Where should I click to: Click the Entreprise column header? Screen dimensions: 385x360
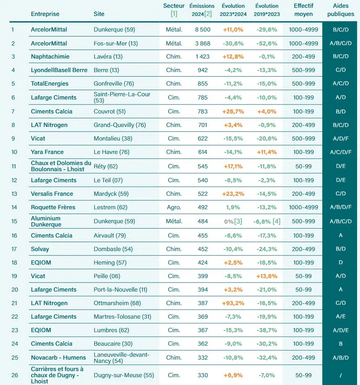coord(45,14)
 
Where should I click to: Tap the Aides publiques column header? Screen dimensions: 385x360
coord(341,10)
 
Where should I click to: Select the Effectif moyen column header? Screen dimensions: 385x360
coord(303,10)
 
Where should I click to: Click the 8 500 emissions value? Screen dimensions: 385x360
coord(202,29)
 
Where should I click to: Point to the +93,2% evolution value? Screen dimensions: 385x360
coord(233,303)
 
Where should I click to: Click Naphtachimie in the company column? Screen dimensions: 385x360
coord(50,57)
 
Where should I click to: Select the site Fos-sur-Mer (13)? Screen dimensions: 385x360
coord(116,43)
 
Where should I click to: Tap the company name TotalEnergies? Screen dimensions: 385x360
coord(49,84)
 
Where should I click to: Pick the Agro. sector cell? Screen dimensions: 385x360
coord(174,207)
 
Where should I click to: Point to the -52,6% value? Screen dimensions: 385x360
coord(267,43)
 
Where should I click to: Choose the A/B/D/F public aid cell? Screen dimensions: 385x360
coord(340,207)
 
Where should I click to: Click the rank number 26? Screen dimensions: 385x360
coord(15,375)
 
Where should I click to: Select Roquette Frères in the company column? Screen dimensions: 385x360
coord(53,207)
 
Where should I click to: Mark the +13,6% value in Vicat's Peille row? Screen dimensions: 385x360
coord(267,276)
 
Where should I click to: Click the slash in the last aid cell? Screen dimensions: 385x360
coord(341,375)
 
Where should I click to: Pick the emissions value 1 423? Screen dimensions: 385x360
coord(202,57)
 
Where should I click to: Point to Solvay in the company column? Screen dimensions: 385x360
coord(40,249)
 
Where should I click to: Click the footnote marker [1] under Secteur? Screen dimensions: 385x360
coord(174,14)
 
